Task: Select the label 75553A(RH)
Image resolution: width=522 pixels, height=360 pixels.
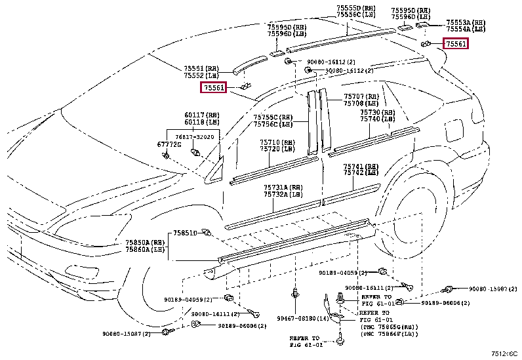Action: pos(466,22)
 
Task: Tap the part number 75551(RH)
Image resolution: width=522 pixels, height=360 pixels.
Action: pos(201,68)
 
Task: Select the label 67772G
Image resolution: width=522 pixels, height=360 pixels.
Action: pos(151,144)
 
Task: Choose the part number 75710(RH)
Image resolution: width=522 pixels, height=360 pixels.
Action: pos(275,142)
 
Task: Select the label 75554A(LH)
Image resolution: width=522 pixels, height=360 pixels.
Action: pos(466,29)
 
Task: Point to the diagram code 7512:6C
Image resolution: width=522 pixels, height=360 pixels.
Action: pos(505,353)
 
